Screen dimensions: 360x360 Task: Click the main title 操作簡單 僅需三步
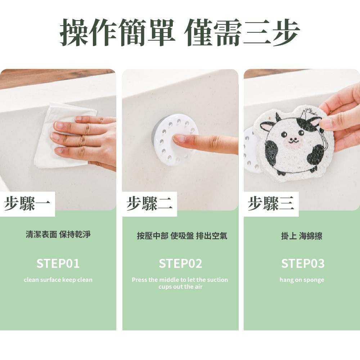tap(180, 32)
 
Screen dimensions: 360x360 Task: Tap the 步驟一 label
tap(27, 204)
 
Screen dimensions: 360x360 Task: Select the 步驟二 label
tap(149, 204)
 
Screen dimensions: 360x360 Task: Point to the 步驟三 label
tap(271, 204)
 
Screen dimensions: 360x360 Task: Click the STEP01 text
tap(58, 264)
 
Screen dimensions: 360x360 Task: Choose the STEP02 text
tap(180, 264)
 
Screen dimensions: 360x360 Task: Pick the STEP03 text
tap(303, 264)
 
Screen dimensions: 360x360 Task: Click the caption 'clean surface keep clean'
tap(58, 280)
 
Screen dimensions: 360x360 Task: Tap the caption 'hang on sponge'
tap(302, 280)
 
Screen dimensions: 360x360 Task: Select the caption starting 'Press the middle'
tap(180, 283)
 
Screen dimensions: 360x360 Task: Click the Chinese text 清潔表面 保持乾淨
tap(58, 234)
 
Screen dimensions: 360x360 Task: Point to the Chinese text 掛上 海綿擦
tap(302, 236)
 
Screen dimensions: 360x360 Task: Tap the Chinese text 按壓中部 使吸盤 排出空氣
tap(182, 236)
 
